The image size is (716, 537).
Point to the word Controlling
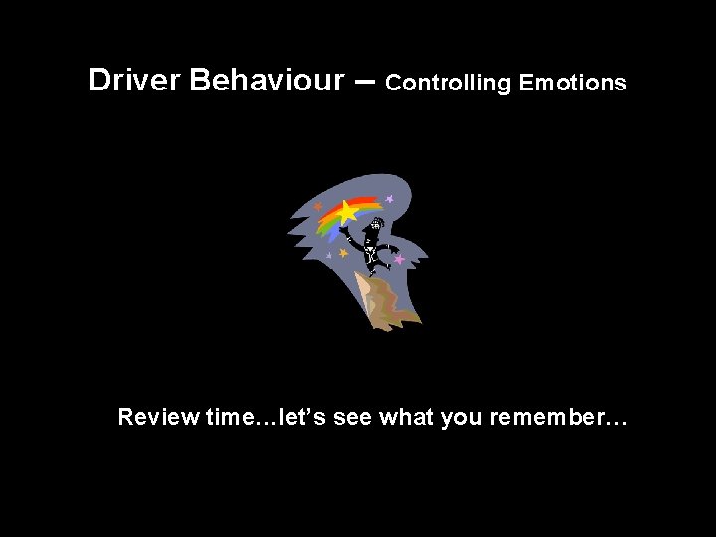[x=447, y=84]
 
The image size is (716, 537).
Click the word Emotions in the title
[x=573, y=84]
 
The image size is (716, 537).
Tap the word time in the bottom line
[x=228, y=417]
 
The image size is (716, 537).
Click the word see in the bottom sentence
[x=354, y=418]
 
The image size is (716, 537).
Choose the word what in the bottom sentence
[x=407, y=417]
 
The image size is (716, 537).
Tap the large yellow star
[x=346, y=212]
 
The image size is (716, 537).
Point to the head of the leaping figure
[x=377, y=225]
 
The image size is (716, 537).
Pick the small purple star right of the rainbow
[x=390, y=199]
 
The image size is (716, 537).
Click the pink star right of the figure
[x=399, y=259]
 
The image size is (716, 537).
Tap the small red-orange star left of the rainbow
[x=318, y=206]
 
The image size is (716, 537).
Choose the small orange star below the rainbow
[x=343, y=253]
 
